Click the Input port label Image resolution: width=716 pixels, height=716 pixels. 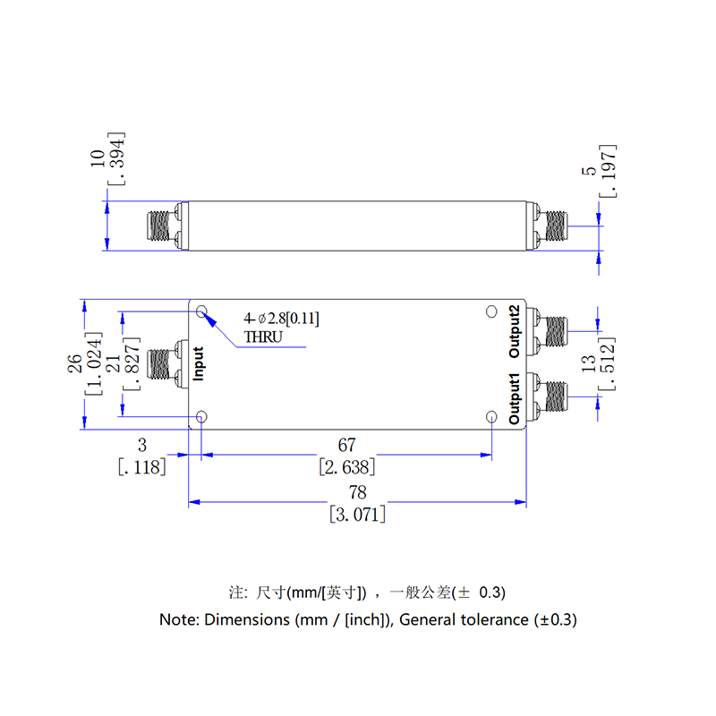pos(199,363)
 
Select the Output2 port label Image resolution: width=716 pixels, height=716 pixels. pos(514,331)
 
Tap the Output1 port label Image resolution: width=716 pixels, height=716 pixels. pos(514,400)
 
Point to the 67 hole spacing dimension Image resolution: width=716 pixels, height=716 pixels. pos(346,445)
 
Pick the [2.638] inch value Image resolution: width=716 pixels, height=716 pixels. pos(346,466)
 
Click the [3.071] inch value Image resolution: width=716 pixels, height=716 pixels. pos(357,514)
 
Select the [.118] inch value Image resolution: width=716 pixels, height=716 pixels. pos(141,466)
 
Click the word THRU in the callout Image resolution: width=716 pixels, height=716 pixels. pos(263,337)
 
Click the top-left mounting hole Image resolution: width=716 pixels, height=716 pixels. pos(201,311)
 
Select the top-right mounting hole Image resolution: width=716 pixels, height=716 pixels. pos(490,311)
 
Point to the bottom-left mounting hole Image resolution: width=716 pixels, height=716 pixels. pos(201,417)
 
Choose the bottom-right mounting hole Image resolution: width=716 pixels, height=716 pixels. pos(490,417)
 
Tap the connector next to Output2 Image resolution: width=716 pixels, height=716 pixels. pos(551,331)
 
